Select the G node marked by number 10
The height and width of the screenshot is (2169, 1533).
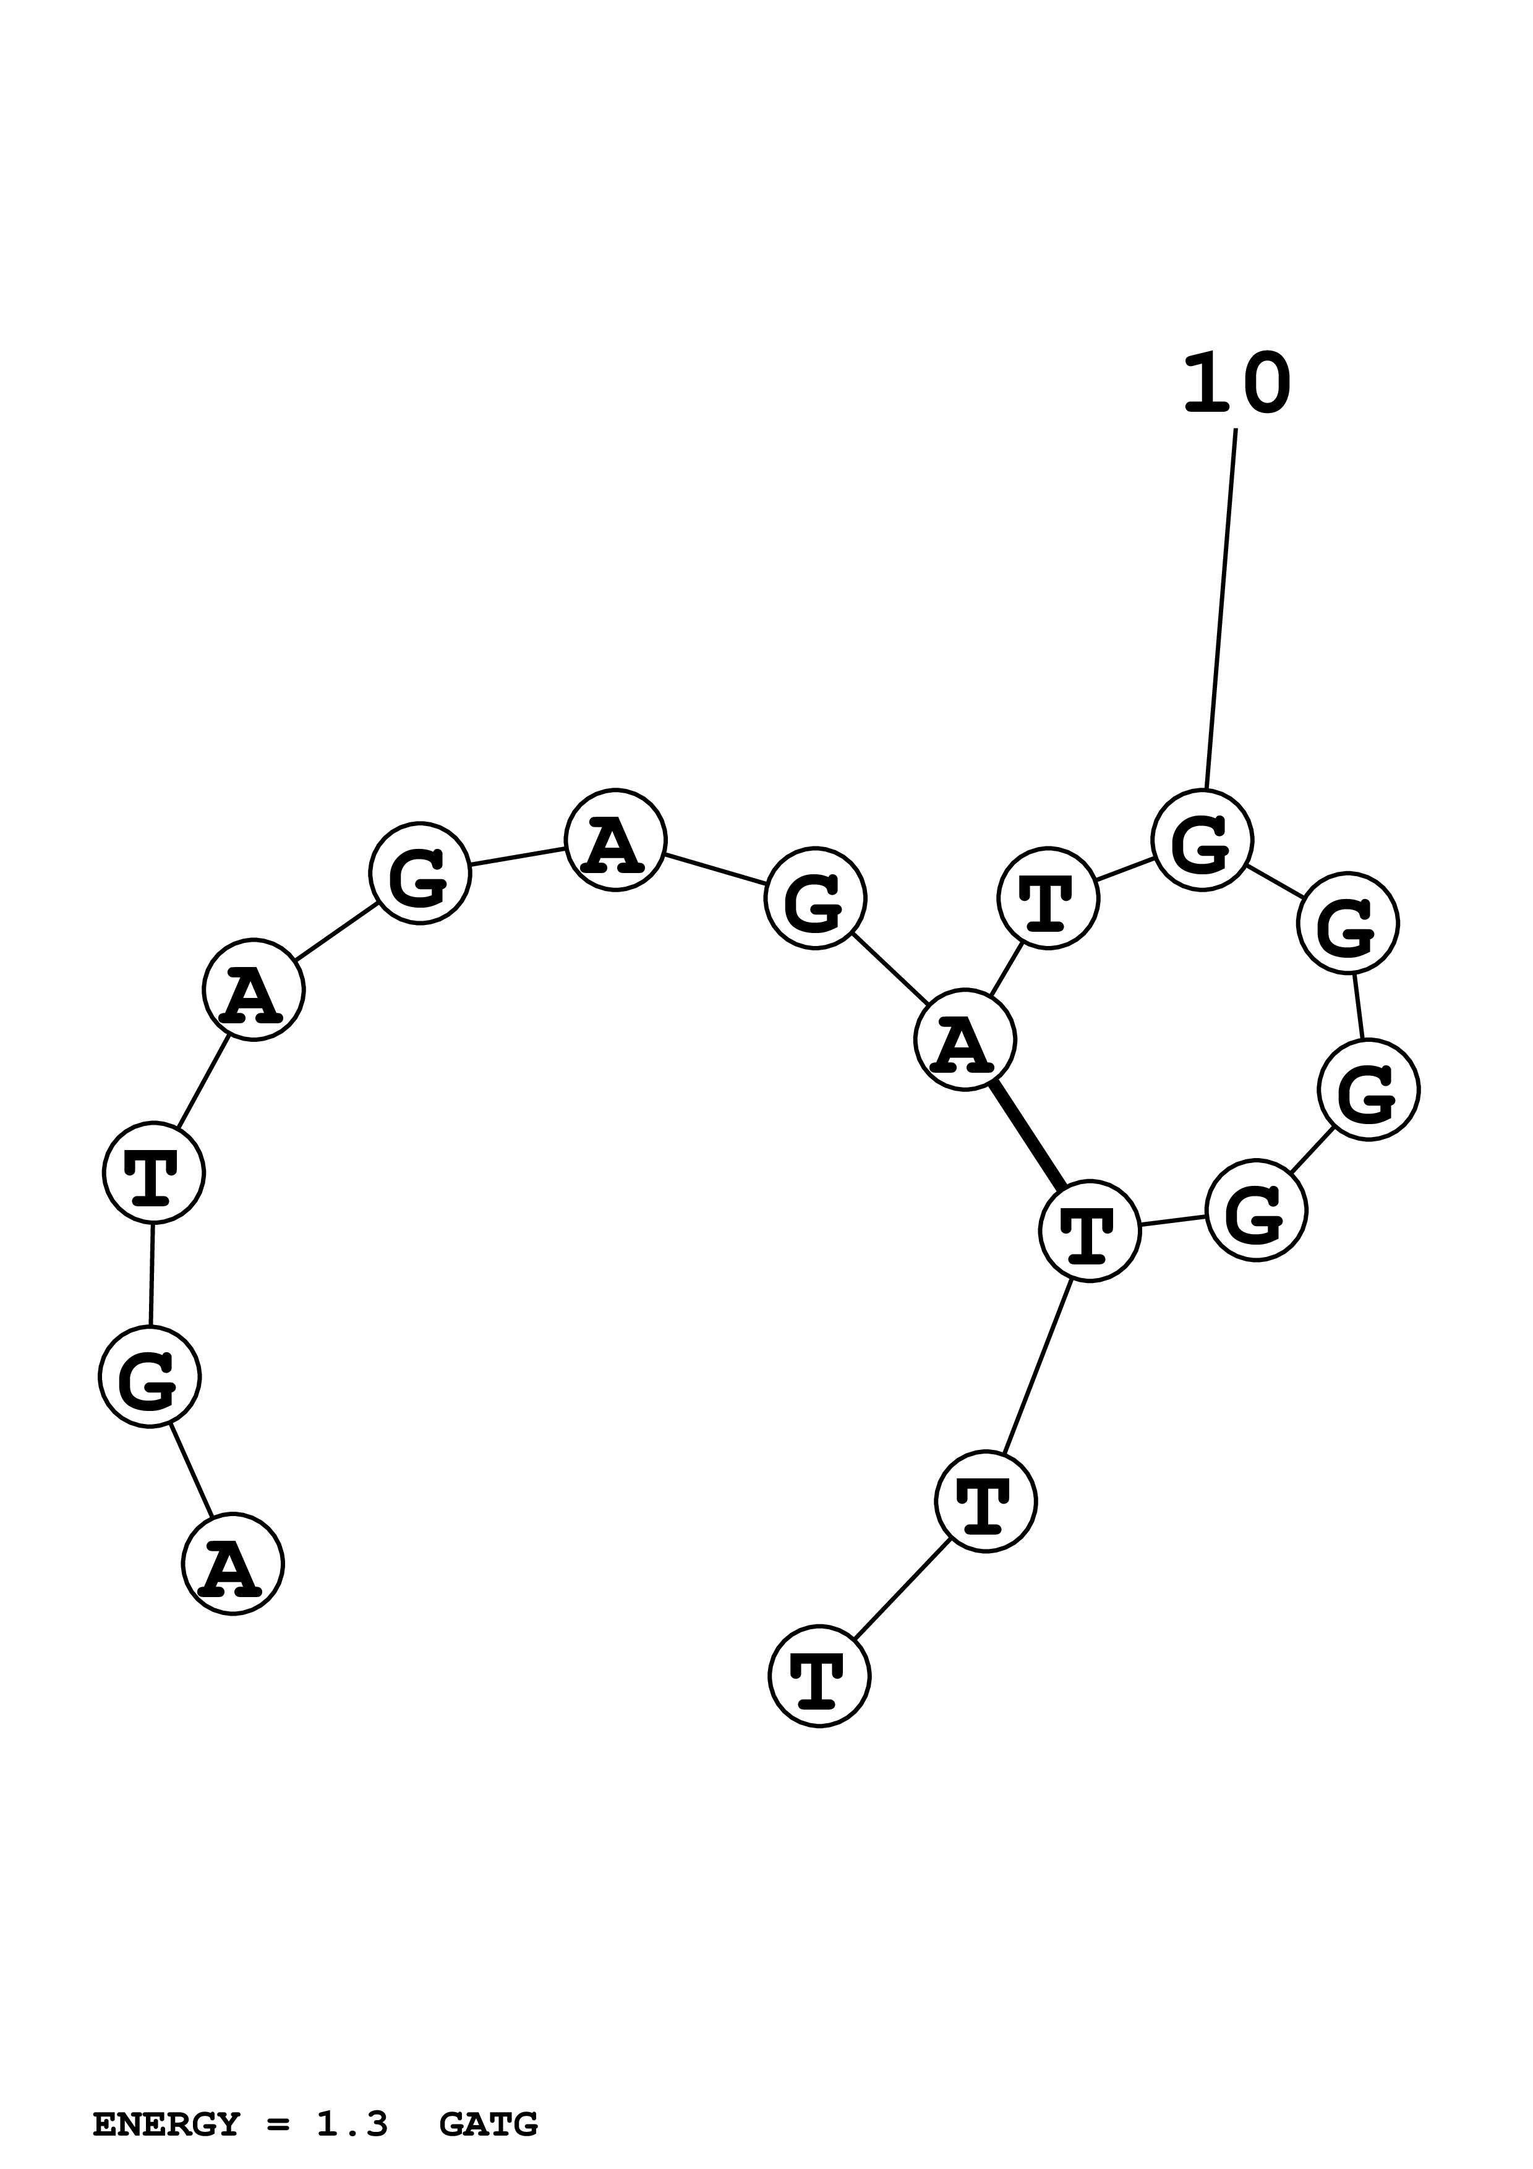[1202, 840]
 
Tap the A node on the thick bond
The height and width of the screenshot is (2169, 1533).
[964, 1040]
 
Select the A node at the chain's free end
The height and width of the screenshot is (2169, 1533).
[233, 1564]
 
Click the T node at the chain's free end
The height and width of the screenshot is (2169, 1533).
[819, 1677]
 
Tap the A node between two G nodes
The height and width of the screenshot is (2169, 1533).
[615, 840]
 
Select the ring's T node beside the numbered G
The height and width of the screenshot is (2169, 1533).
[1048, 897]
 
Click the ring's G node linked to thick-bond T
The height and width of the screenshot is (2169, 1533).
[1256, 1210]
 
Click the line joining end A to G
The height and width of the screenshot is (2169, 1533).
[191, 1470]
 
